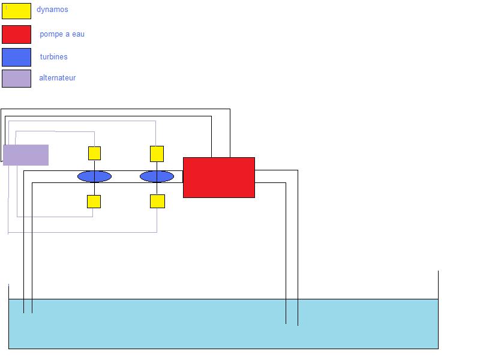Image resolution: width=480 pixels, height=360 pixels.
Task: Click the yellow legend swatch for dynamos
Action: [16, 11]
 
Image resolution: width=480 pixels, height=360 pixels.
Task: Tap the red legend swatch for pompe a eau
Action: [16, 34]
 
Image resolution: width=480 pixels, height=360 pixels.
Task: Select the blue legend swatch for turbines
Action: [16, 57]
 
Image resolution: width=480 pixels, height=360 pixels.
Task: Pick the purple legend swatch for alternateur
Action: [16, 79]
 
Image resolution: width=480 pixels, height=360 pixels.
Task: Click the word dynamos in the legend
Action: [52, 10]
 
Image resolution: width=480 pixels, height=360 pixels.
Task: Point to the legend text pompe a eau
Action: [62, 34]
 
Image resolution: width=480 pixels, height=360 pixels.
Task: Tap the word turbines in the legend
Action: [53, 57]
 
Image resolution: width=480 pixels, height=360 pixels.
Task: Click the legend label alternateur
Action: [57, 78]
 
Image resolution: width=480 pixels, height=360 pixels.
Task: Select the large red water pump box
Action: [219, 178]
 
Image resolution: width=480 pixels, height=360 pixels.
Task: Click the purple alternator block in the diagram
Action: [26, 155]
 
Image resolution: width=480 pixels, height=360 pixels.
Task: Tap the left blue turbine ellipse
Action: [94, 176]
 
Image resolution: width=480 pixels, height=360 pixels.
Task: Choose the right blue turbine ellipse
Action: [157, 176]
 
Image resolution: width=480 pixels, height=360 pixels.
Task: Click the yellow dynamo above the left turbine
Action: [94, 153]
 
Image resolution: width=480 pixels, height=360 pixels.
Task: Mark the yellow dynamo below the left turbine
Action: [94, 202]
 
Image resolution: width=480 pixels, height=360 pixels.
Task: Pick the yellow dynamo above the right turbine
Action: [157, 154]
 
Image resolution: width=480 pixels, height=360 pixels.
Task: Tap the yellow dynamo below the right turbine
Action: [157, 201]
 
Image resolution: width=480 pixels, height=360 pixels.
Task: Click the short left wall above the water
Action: [8, 292]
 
